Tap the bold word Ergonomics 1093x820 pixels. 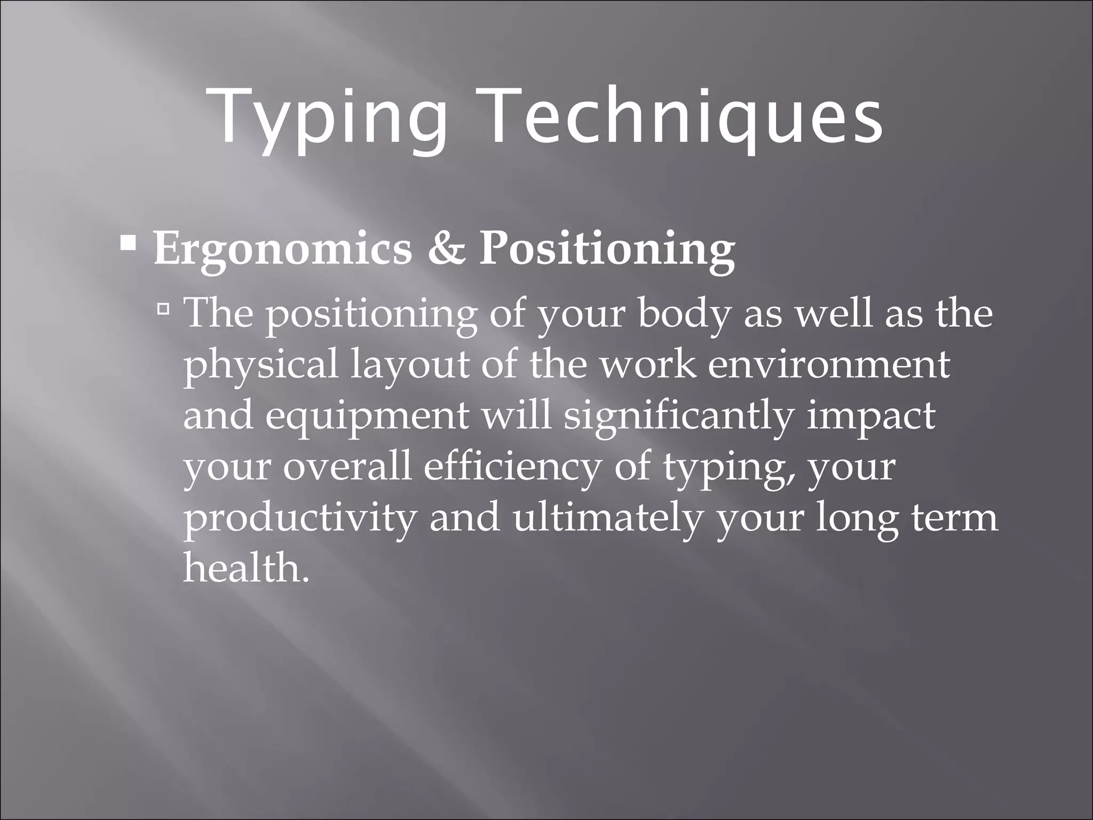click(283, 249)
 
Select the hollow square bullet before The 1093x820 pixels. click(164, 308)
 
